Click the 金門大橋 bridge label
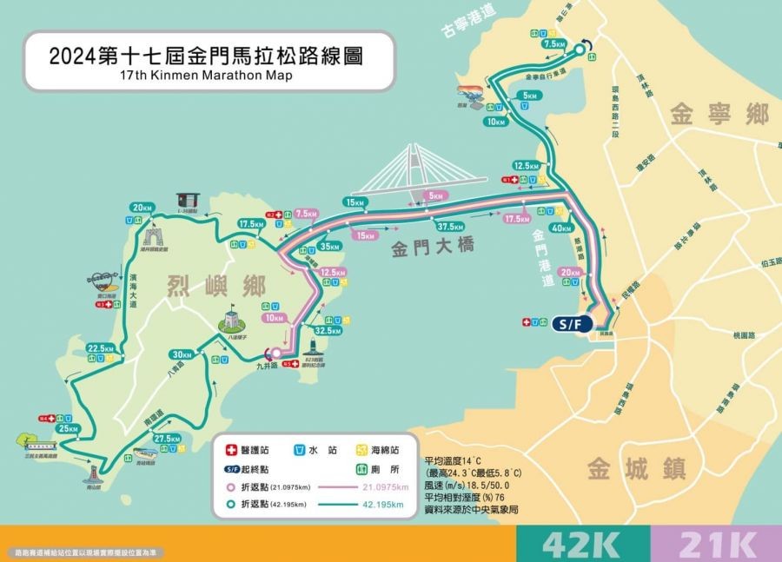[433, 248]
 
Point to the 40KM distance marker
[561, 228]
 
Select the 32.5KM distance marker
[328, 331]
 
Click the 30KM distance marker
[182, 354]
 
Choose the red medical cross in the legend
[231, 451]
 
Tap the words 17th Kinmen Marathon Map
[208, 76]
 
